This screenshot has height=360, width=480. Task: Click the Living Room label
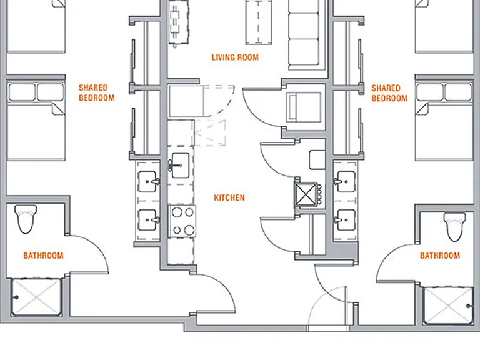coord(235,57)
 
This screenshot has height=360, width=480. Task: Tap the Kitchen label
coord(229,197)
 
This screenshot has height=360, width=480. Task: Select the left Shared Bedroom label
coord(96,92)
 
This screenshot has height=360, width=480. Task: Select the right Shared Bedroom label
coord(389,93)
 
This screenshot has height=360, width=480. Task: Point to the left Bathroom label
coord(44,256)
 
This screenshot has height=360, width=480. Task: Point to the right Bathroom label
coord(440,256)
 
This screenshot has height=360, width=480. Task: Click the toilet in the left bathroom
coord(26,219)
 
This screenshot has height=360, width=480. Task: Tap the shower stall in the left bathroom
coord(36,297)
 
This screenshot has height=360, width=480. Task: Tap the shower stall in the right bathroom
coord(448,306)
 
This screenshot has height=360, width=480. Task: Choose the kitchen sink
coord(180,165)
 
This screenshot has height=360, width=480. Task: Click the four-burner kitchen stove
coord(182,221)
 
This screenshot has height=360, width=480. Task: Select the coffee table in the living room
coord(259,22)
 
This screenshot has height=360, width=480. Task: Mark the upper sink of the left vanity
coord(149,181)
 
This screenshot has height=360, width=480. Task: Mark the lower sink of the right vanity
coord(345,220)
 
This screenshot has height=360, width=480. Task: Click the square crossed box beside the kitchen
coord(306,194)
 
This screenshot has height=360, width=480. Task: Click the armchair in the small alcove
coord(303,107)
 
